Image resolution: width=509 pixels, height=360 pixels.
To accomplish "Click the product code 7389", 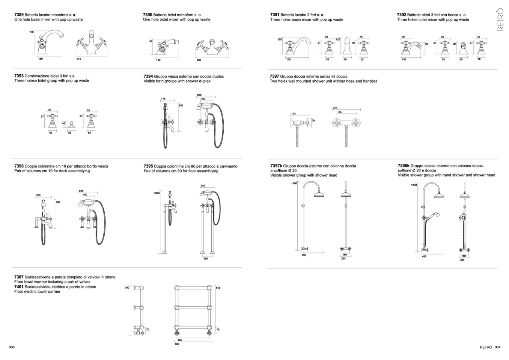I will [x=19, y=15].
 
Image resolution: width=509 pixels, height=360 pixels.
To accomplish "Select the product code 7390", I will [x=148, y=15].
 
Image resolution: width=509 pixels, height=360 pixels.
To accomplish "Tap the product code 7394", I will [x=148, y=76].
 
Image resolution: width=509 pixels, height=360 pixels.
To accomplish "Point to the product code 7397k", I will [x=276, y=166].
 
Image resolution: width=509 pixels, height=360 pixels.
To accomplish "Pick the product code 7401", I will [x=19, y=287].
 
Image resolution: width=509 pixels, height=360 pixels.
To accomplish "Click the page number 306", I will [x=11, y=347].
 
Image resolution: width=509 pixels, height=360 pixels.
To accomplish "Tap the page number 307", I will [x=497, y=347].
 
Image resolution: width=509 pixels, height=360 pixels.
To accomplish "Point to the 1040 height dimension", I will [x=157, y=193].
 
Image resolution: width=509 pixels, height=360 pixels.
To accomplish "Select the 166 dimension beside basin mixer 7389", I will [x=32, y=32].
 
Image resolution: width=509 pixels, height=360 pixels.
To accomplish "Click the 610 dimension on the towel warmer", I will [x=218, y=288].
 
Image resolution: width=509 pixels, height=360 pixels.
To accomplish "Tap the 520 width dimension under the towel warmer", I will [x=177, y=344].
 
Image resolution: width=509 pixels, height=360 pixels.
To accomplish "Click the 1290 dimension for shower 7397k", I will [x=294, y=184].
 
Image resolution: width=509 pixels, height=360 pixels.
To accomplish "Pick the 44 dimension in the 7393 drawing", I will [x=63, y=123].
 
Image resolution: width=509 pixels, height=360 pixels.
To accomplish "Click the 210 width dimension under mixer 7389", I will [x=79, y=59].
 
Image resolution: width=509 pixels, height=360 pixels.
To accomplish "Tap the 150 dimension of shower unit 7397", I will [x=293, y=114].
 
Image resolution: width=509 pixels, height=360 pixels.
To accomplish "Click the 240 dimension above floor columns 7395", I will [x=203, y=186].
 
